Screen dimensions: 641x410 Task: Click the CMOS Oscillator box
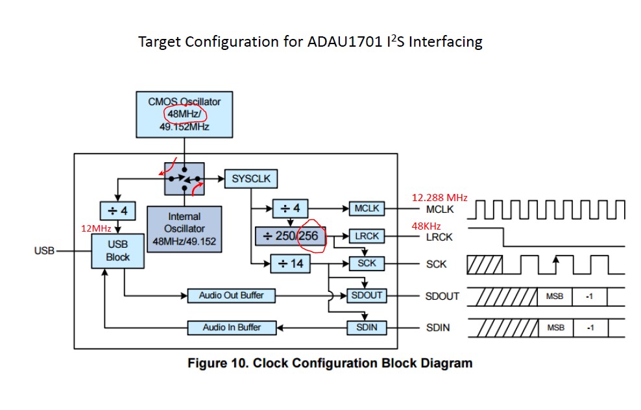coord(184,114)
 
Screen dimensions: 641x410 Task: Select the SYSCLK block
coord(251,178)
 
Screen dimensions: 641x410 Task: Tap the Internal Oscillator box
coord(184,229)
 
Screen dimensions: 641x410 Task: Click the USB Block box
coord(117,251)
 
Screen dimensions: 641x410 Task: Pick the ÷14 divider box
coord(290,263)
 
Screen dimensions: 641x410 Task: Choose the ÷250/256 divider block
coord(290,236)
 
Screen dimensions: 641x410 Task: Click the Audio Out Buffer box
coord(232,296)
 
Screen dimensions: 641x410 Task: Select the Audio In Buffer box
coord(232,328)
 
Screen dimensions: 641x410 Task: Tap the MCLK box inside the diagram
coord(367,208)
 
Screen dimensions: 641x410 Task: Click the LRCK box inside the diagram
coord(367,236)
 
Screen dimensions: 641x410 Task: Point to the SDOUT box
coord(367,296)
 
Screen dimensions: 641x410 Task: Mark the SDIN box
coord(367,328)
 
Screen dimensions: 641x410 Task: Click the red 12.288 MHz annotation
coord(439,198)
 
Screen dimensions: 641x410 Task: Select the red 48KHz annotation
coord(426,226)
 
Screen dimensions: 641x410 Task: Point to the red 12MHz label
coord(96,228)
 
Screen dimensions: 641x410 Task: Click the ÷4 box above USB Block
coord(117,211)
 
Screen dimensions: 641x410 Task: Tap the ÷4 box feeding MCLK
coord(290,208)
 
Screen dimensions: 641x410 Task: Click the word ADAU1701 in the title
coord(345,42)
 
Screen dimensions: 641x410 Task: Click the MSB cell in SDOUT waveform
coord(555,296)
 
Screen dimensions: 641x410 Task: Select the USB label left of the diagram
coord(44,250)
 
